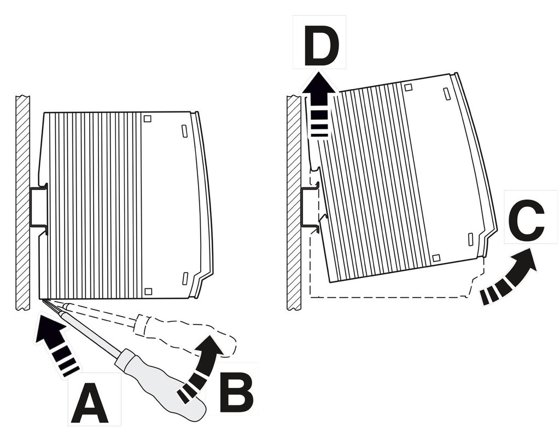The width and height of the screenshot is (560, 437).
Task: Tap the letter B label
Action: (x=236, y=393)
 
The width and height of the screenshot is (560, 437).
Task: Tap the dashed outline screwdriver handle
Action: (x=186, y=333)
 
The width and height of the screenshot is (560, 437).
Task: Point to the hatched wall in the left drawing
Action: (x=23, y=202)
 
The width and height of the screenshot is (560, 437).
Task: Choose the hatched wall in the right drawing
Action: (x=294, y=202)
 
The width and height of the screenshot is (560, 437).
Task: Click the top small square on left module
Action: (x=147, y=119)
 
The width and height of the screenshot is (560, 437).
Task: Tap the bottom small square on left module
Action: (x=147, y=291)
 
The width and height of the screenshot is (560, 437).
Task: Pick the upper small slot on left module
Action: (x=184, y=131)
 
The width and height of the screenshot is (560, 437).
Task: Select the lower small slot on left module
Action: (x=185, y=277)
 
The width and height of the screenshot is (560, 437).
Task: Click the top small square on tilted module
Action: (x=408, y=87)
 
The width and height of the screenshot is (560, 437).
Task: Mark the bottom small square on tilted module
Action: (x=436, y=258)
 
